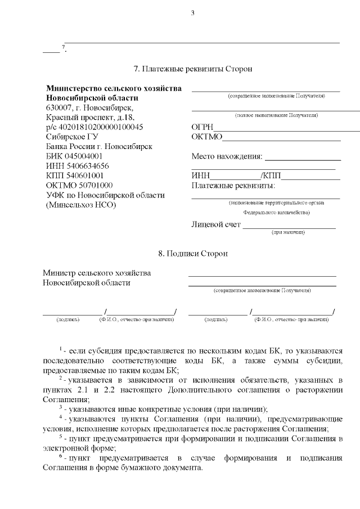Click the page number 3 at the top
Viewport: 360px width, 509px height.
pyautogui.click(x=192, y=13)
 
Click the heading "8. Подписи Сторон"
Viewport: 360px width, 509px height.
pyautogui.click(x=193, y=254)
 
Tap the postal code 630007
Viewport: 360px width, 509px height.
pyautogui.click(x=59, y=108)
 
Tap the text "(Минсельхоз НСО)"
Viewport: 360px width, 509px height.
pyautogui.click(x=80, y=205)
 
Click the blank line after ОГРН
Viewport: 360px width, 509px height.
pyautogui.click(x=287, y=129)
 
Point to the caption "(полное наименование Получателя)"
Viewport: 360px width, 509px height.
pyautogui.click(x=276, y=115)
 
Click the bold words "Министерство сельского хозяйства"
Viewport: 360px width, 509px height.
pyautogui.click(x=114, y=89)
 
